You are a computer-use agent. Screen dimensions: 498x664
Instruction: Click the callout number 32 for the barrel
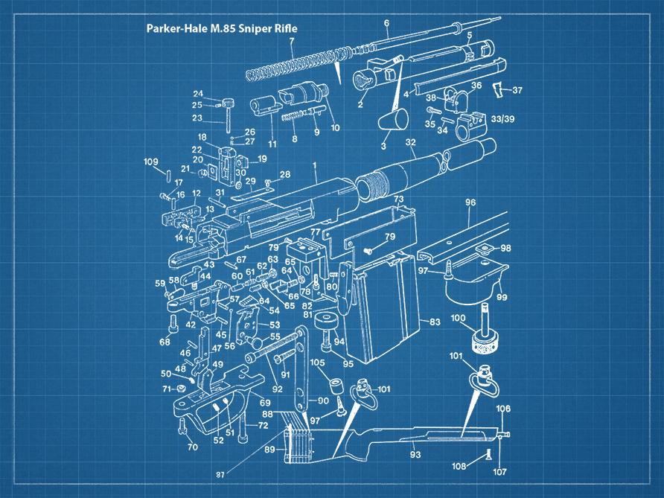[410, 141]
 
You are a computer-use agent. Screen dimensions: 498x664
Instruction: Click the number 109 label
[151, 162]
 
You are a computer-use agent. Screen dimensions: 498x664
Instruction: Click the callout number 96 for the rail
[470, 202]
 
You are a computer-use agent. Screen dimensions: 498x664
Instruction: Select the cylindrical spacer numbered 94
[325, 324]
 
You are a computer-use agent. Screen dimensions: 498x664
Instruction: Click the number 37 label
[517, 90]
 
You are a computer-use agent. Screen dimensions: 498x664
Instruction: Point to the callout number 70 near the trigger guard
[193, 447]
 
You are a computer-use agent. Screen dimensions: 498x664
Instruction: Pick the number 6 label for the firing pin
[387, 23]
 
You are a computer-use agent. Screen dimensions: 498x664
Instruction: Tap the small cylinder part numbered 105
[335, 388]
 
